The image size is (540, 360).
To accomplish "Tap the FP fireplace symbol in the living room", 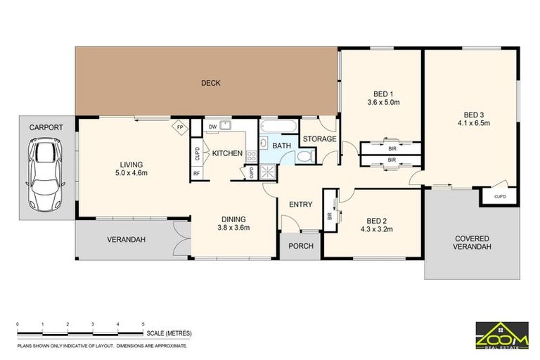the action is [x=180, y=127].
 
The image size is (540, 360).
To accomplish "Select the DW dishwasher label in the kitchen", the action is [x=213, y=127].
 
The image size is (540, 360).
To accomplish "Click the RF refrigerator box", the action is [x=196, y=174].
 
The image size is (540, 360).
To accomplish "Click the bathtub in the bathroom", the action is [x=278, y=126].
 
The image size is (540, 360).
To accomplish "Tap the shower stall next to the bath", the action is [x=268, y=172].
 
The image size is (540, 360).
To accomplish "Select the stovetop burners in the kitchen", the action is [x=252, y=157].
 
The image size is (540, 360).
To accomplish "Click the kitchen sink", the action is [x=226, y=124].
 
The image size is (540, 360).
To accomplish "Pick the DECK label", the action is [x=211, y=83].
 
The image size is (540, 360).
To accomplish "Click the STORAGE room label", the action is [x=320, y=139].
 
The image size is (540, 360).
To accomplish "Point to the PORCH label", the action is [x=301, y=246].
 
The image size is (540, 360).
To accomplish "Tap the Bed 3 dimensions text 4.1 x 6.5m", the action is [x=473, y=123].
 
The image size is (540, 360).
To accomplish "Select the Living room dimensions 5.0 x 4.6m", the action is [x=131, y=173].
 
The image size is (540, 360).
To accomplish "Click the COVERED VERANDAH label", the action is [x=472, y=243].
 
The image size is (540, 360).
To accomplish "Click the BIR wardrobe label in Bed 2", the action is [x=330, y=217].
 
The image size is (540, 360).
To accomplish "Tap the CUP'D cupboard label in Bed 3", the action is [x=500, y=197].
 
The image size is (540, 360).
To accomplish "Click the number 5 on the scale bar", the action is [x=143, y=324].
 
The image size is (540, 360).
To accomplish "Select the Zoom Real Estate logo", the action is [x=502, y=335].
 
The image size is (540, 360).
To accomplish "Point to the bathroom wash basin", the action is [x=264, y=143].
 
